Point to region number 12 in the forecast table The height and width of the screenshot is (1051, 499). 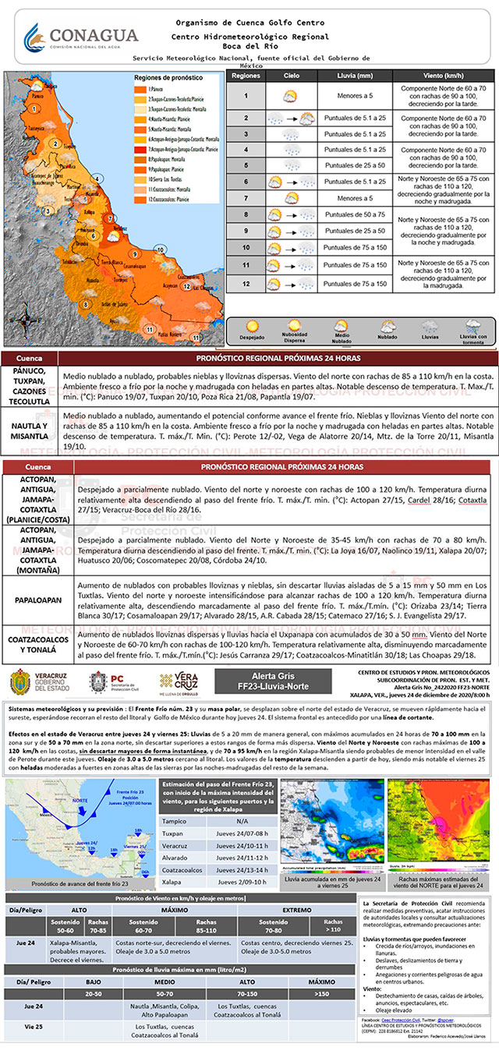(246, 284)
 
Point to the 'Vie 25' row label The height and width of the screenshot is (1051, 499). (33, 1027)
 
